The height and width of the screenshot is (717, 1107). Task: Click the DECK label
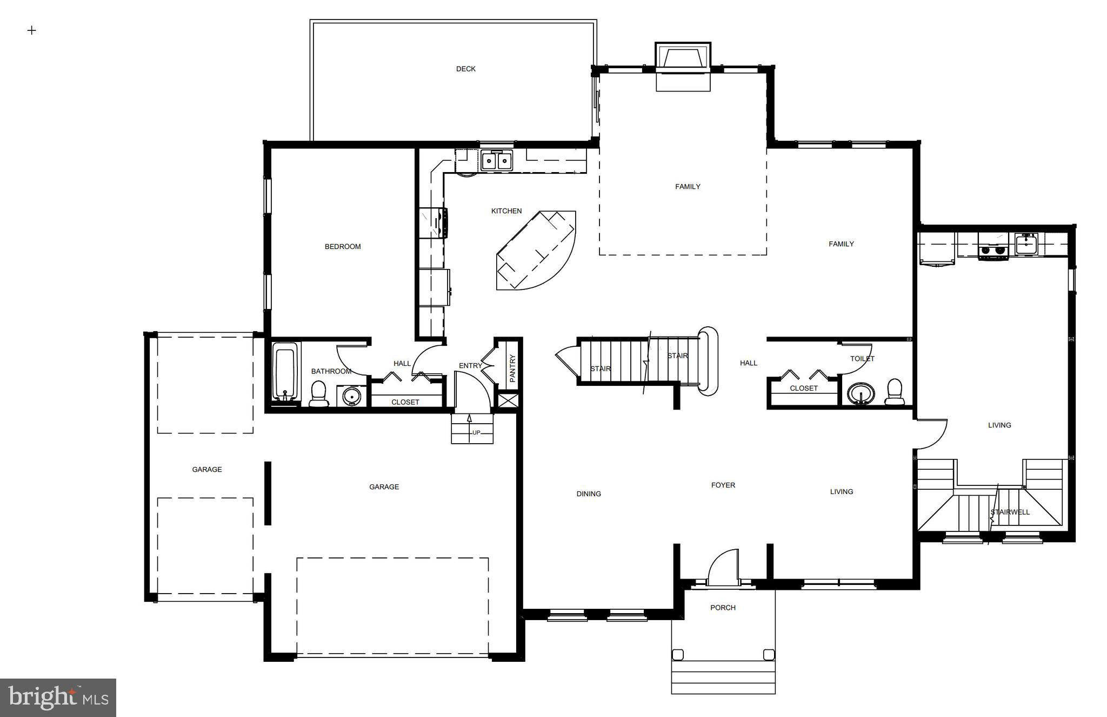point(465,69)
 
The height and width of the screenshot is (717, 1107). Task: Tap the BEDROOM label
point(342,246)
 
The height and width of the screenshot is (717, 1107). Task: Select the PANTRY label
point(512,368)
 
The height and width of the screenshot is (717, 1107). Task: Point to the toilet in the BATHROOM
point(318,394)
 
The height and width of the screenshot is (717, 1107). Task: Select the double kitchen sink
point(496,161)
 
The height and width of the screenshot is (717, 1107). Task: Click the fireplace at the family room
point(683,58)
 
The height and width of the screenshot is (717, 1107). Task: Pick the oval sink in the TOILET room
point(861,393)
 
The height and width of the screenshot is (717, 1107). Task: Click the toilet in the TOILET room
point(895,392)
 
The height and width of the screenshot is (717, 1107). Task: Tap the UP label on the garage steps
point(476,432)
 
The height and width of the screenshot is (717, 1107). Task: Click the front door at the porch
point(723,568)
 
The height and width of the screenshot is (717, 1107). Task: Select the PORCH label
point(723,607)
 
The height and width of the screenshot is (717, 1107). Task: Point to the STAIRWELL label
point(1010,511)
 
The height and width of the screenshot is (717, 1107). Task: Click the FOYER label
point(723,485)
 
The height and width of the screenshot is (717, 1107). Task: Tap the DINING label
point(588,494)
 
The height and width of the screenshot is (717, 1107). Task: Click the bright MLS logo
point(58,697)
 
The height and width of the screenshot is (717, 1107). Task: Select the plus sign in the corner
point(31,30)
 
